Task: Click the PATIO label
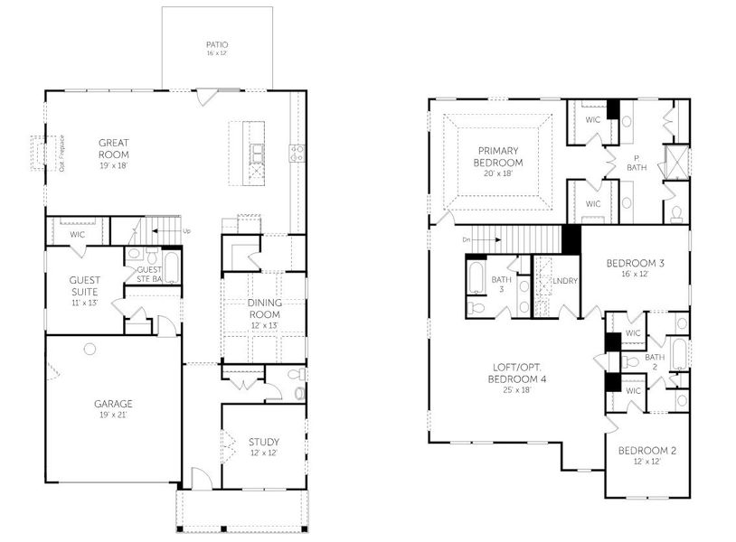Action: (217, 43)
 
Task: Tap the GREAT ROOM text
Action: (115, 148)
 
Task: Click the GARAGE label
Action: (113, 404)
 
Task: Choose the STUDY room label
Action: (264, 442)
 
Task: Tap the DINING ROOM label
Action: (265, 308)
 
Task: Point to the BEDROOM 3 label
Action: (635, 263)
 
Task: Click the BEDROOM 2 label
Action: (646, 450)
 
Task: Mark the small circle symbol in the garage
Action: (90, 349)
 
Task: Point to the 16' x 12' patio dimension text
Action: (217, 54)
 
